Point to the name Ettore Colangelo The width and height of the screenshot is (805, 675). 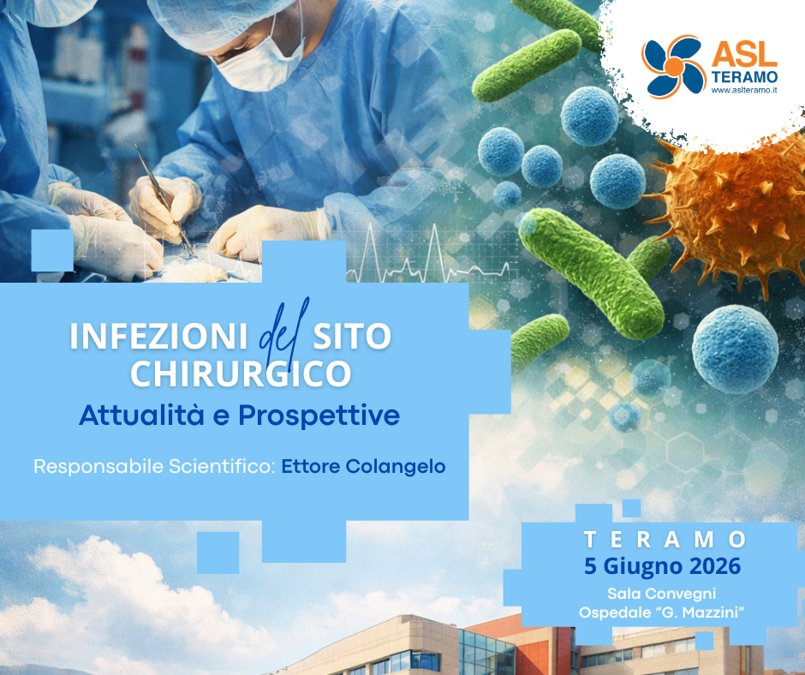(364, 468)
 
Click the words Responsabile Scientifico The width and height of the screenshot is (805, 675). (153, 468)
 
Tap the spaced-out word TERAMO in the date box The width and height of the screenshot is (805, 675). (665, 540)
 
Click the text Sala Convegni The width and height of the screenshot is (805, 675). (661, 593)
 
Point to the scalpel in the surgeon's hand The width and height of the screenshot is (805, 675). (163, 197)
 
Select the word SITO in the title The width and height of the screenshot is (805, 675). (354, 337)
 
